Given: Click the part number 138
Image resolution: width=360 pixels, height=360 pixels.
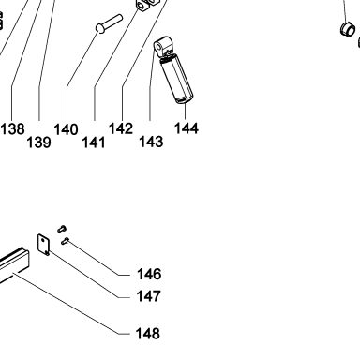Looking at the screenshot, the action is point(13,128).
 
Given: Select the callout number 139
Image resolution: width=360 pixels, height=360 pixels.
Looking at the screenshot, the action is point(38,142).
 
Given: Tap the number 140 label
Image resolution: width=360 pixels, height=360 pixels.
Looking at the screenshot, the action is point(66,129).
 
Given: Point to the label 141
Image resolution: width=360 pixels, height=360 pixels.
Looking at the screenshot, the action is point(94,142).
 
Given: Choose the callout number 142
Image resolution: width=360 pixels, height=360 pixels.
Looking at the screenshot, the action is point(121,128).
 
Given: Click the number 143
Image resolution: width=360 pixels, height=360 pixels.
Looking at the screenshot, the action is point(151,142).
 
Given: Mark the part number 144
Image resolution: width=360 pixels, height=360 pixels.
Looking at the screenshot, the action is point(187,128).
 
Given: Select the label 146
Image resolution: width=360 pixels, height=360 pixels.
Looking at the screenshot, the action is point(149,274).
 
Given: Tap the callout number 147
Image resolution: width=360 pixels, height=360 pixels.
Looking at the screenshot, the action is point(149,296).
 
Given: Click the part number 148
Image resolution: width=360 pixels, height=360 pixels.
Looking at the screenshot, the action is point(148,334).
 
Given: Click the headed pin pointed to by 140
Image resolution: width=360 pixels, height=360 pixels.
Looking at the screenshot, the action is point(109,23).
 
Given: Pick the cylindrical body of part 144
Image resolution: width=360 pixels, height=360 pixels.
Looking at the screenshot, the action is point(176,79).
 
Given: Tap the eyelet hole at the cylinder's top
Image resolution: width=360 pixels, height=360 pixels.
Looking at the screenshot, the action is point(158,48).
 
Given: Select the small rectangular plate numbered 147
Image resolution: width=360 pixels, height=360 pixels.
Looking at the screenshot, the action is point(44,245).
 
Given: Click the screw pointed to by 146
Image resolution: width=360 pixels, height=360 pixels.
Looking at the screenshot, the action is point(65,241).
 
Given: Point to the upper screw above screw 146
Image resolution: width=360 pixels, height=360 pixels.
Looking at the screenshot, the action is point(62,229).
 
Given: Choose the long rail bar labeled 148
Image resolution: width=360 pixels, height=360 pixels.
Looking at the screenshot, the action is point(14,264).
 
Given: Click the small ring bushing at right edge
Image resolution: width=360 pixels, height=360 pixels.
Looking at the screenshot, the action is point(348,29).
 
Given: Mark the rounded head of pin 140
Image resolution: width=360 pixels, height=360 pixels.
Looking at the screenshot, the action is point(100,28).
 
